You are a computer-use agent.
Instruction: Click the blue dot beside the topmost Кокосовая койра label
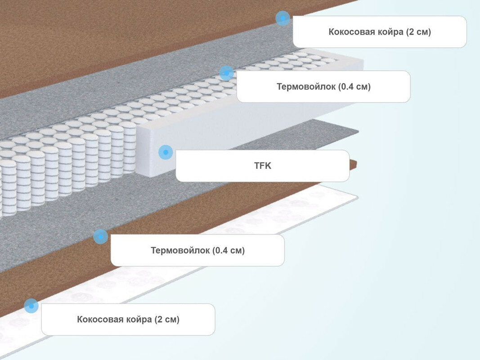pos(283,18)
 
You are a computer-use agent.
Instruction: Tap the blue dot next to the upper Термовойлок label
pos(227,73)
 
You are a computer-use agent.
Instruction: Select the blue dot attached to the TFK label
pos(166,153)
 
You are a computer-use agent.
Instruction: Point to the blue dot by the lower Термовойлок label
pos(101,236)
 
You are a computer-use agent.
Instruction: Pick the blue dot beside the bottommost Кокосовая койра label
pos(31,306)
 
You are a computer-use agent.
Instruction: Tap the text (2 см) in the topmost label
pos(418,32)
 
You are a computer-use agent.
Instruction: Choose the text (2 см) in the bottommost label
pos(167,319)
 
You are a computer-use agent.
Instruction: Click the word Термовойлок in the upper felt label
pos(306,87)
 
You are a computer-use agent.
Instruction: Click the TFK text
pos(263,166)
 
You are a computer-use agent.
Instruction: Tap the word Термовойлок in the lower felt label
pos(180,250)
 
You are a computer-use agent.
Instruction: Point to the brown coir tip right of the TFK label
pos(354,164)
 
